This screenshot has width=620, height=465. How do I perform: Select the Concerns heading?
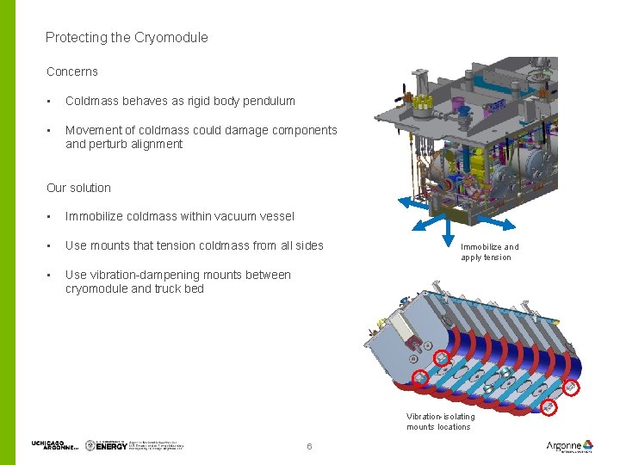[71, 71]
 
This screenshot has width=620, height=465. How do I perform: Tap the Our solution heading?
[78, 188]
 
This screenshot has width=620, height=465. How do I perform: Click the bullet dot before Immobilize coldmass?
[50, 217]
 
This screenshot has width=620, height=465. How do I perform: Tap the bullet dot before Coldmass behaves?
[50, 102]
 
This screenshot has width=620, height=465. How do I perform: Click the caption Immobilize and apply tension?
[489, 251]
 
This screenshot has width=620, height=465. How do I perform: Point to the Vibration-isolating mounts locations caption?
[439, 421]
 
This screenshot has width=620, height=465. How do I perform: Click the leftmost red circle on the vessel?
[420, 377]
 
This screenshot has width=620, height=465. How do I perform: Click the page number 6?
[309, 446]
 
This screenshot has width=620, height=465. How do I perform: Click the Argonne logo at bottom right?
[569, 446]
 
